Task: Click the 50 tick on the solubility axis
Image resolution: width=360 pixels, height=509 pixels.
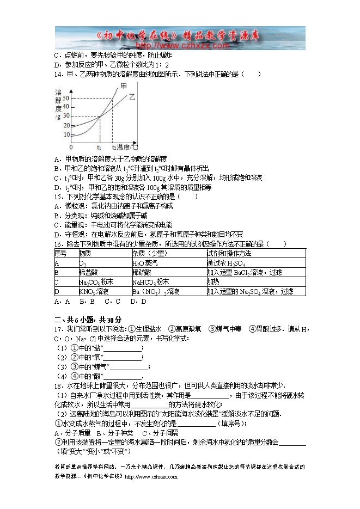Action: click(x=66, y=97)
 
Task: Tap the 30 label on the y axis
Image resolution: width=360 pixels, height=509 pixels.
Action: click(x=66, y=115)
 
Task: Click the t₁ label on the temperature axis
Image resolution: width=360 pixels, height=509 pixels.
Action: click(x=99, y=148)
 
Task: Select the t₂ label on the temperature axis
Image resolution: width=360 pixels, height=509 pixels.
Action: click(x=114, y=148)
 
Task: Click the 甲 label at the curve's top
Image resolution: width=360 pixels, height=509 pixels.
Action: click(x=124, y=87)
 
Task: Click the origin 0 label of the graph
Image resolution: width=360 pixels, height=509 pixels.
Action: click(x=71, y=148)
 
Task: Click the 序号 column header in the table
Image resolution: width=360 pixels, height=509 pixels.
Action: click(x=60, y=254)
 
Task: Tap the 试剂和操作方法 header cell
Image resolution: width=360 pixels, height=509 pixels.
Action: click(x=229, y=254)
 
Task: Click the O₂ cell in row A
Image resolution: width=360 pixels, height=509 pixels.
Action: click(x=83, y=263)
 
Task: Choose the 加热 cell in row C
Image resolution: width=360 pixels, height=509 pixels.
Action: click(x=213, y=282)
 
